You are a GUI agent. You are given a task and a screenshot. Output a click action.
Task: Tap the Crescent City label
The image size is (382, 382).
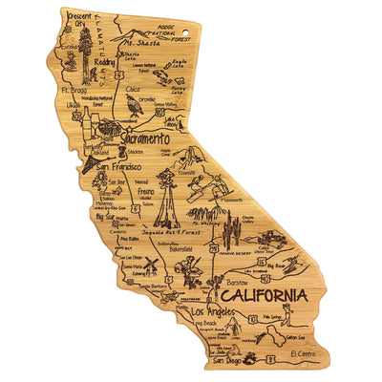[81, 21]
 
